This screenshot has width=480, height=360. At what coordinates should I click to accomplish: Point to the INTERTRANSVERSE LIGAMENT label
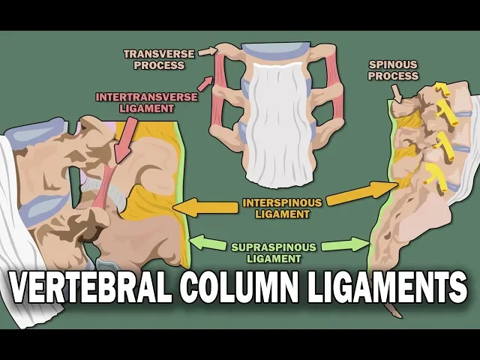(136, 102)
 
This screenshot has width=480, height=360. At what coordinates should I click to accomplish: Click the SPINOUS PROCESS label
(394, 70)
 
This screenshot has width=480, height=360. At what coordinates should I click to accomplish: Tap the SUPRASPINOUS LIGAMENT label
(277, 252)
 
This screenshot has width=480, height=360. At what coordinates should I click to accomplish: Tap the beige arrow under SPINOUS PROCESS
(398, 93)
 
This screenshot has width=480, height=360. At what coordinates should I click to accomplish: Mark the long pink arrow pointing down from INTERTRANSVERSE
(122, 136)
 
